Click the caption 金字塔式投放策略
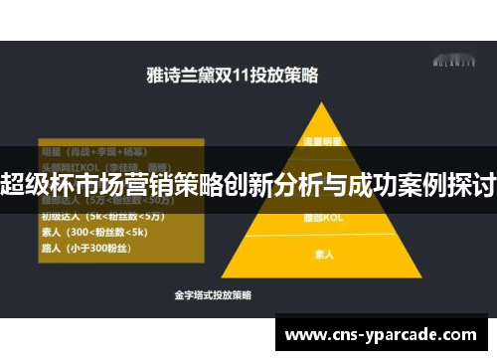click(x=212, y=296)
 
